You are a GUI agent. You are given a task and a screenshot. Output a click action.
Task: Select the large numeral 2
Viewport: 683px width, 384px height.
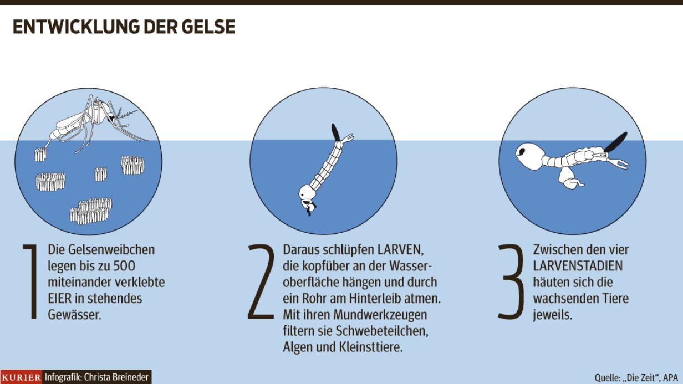pyautogui.click(x=262, y=283)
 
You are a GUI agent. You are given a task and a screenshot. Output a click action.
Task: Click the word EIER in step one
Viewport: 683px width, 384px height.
pyautogui.click(x=60, y=298)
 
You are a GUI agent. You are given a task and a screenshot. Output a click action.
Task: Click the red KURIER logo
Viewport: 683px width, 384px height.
pyautogui.click(x=22, y=377)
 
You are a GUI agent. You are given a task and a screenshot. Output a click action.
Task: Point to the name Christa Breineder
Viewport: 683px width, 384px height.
pyautogui.click(x=117, y=377)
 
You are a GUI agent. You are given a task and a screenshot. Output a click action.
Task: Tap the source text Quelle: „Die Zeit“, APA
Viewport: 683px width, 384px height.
pyautogui.click(x=636, y=377)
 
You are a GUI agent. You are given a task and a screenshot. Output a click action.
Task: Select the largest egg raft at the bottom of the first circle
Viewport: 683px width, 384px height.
pyautogui.click(x=91, y=211)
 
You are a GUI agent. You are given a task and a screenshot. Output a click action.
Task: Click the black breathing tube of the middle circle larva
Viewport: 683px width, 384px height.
pyautogui.click(x=335, y=132)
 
